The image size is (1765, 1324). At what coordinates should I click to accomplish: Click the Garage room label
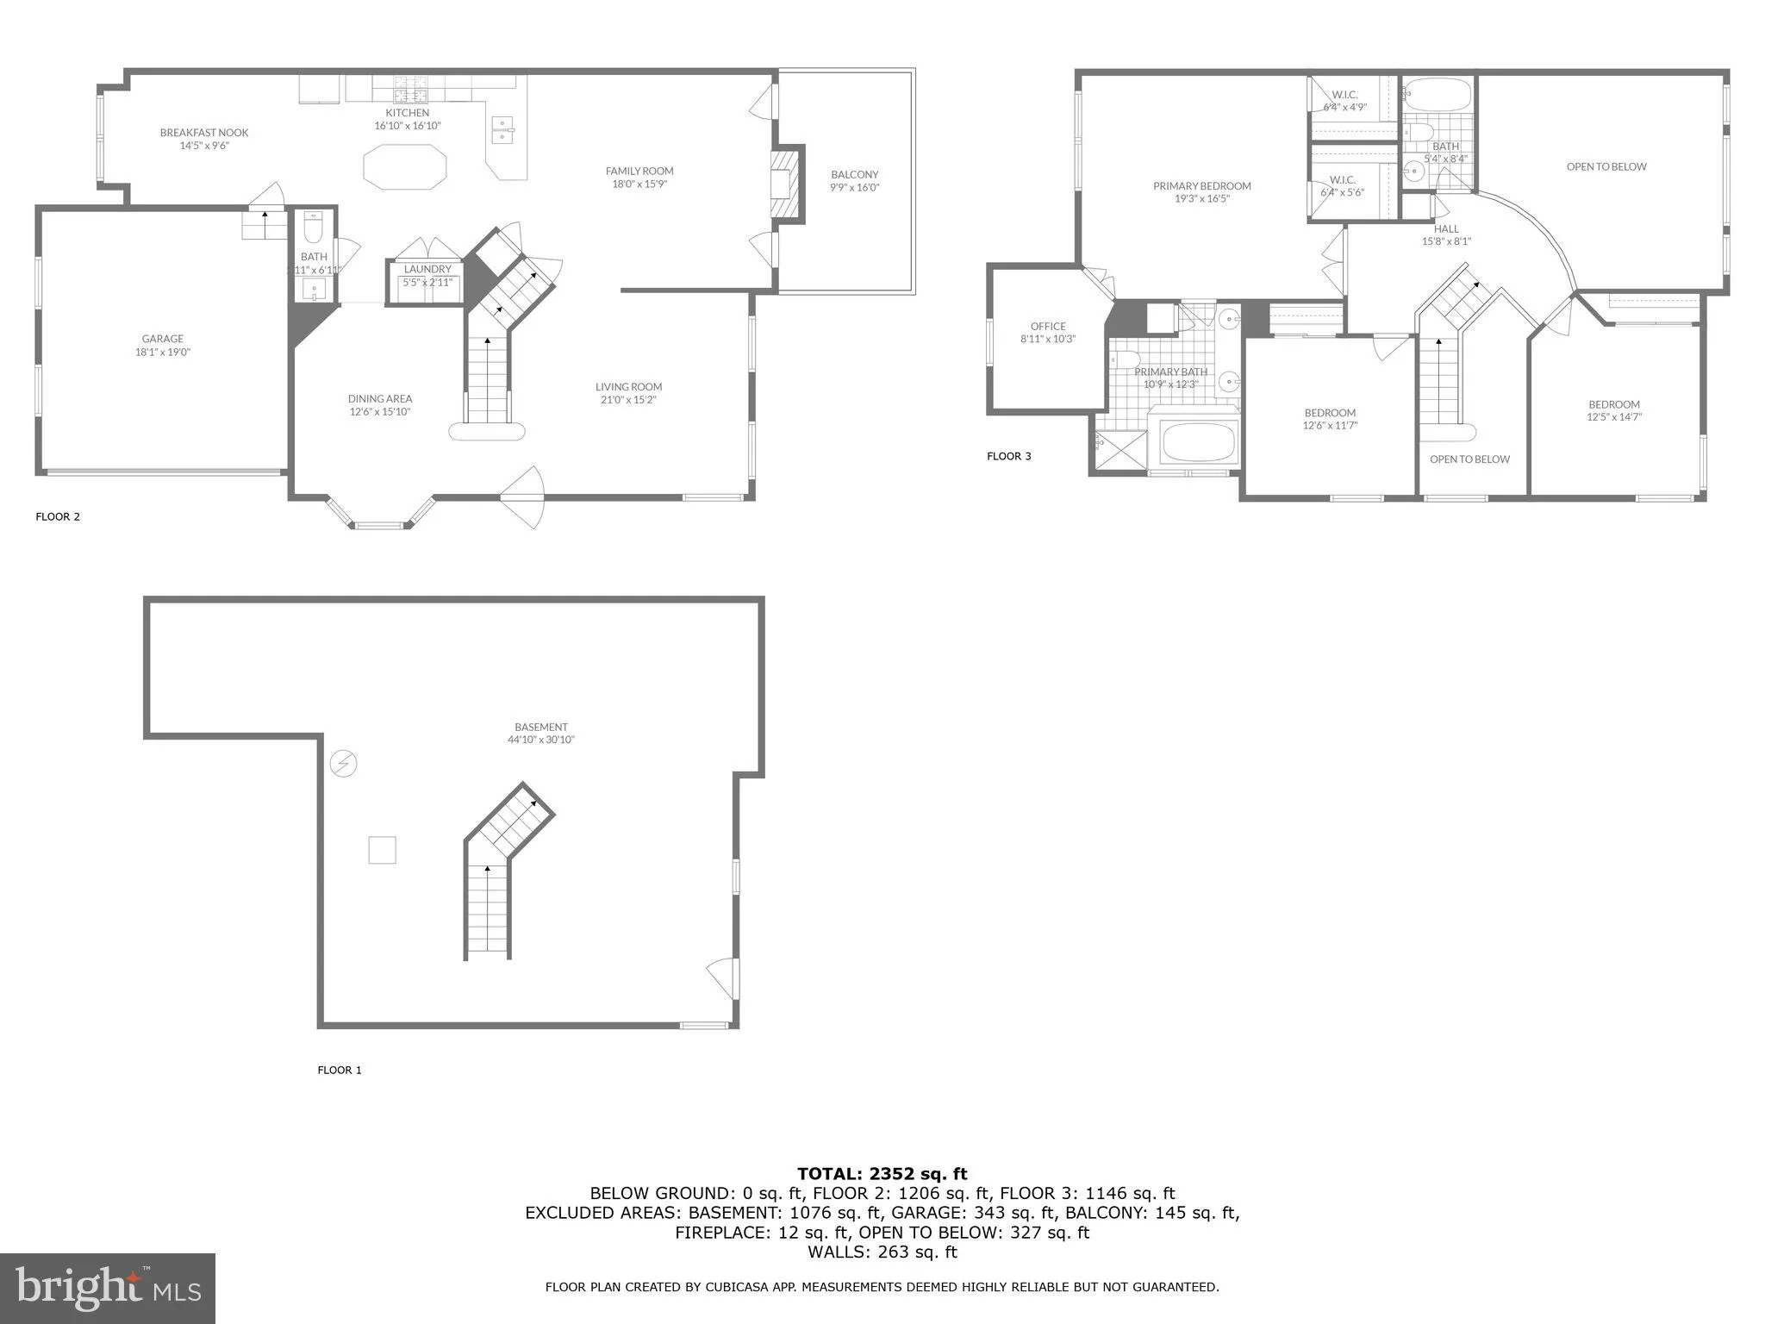click(x=163, y=339)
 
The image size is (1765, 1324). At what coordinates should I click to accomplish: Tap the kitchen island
click(x=405, y=166)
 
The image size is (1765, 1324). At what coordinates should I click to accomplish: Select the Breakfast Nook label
click(x=204, y=133)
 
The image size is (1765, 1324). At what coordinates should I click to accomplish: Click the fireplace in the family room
click(x=785, y=187)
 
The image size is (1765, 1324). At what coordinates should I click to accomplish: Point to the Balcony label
click(x=854, y=175)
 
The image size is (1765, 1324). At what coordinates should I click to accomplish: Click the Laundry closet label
click(x=427, y=269)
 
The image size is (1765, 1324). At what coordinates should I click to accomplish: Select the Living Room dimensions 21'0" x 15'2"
click(x=628, y=400)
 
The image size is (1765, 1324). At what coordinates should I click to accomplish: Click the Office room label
click(x=1048, y=327)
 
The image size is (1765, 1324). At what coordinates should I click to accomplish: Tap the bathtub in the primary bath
click(x=1194, y=443)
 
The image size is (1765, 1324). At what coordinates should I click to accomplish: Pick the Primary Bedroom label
click(x=1202, y=186)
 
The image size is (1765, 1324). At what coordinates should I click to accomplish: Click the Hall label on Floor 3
click(x=1446, y=229)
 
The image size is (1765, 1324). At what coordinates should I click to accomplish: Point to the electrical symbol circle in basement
click(x=344, y=764)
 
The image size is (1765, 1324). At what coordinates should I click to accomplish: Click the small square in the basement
click(x=382, y=850)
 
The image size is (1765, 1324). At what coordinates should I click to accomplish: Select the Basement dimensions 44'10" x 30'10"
click(x=541, y=740)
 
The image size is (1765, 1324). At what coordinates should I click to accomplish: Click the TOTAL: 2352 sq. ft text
click(x=882, y=1173)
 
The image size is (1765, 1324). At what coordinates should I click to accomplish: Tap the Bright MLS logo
click(x=108, y=1288)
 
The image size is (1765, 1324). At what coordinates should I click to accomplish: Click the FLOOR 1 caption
click(x=340, y=1070)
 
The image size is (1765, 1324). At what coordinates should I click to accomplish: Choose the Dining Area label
click(x=380, y=399)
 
